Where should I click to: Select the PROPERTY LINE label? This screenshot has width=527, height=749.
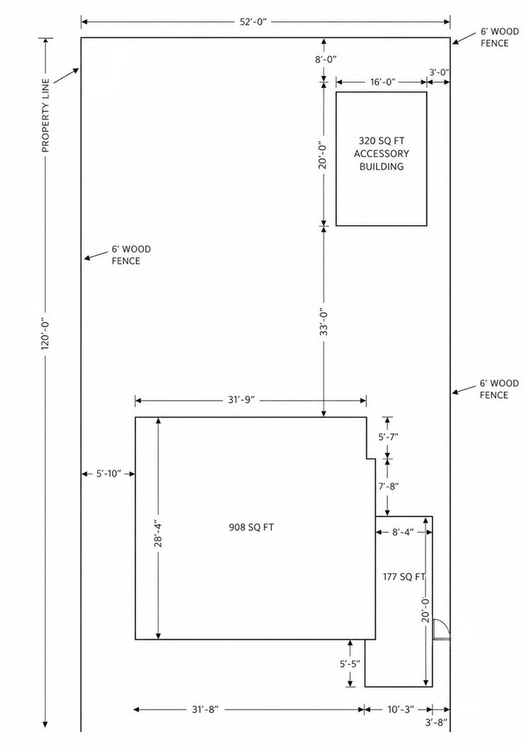pyautogui.click(x=46, y=115)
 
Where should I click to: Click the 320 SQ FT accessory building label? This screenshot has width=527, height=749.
pyautogui.click(x=381, y=153)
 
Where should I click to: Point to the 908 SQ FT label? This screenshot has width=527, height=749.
pyautogui.click(x=252, y=527)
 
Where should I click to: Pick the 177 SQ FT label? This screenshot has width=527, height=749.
pyautogui.click(x=404, y=577)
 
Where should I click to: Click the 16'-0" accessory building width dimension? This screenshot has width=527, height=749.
pyautogui.click(x=382, y=81)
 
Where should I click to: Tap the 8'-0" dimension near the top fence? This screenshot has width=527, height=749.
pyautogui.click(x=325, y=60)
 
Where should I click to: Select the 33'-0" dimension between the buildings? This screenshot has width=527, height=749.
pyautogui.click(x=323, y=321)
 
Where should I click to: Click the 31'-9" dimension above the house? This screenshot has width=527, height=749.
pyautogui.click(x=244, y=400)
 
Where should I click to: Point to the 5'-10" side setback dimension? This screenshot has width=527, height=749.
pyautogui.click(x=109, y=474)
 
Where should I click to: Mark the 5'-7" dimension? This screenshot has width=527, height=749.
pyautogui.click(x=388, y=436)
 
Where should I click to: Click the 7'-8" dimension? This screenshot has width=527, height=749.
pyautogui.click(x=388, y=486)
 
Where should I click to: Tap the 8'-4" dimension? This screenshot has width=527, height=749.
pyautogui.click(x=402, y=531)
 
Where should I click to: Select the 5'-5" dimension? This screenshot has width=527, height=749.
pyautogui.click(x=350, y=663)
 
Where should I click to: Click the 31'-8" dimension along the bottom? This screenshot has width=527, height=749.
pyautogui.click(x=205, y=709)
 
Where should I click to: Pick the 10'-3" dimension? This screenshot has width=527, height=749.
pyautogui.click(x=400, y=709)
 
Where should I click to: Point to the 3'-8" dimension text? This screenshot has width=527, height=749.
pyautogui.click(x=436, y=723)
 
